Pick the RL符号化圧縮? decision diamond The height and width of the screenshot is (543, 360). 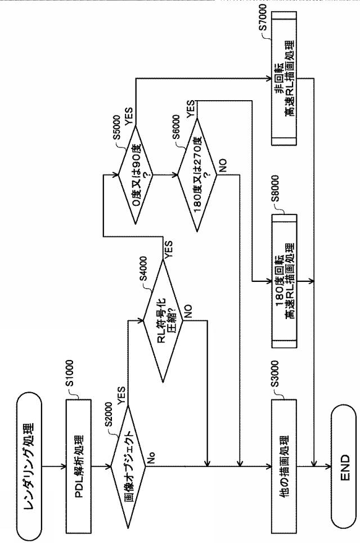coord(163,321)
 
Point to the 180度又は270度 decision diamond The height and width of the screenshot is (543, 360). coord(197,174)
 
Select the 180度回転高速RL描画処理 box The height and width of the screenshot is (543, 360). coord(284,281)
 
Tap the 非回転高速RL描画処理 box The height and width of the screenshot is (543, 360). coord(284,78)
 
